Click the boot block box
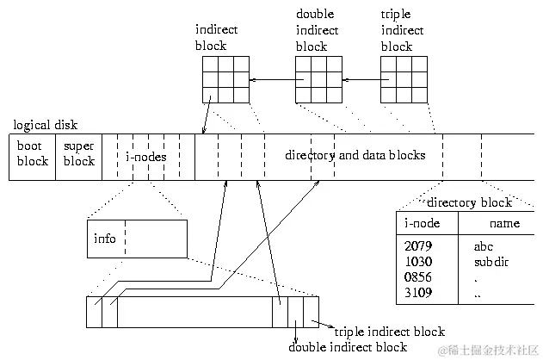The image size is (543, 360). coord(33,156)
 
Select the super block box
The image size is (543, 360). coord(79,156)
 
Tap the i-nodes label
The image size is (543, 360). coord(147,157)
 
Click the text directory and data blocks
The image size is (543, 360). coord(355,156)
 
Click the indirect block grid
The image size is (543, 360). coord(225,80)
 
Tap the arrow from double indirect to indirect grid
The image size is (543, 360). coord(272,80)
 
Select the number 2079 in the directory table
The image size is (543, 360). coord(417,245)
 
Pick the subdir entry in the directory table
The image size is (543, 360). coord(491,261)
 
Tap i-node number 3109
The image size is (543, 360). coord(417,293)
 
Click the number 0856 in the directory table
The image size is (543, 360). coord(417,277)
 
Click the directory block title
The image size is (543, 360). coord(469,202)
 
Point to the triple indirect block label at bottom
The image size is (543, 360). coord(389,332)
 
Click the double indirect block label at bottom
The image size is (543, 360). coord(348,347)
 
